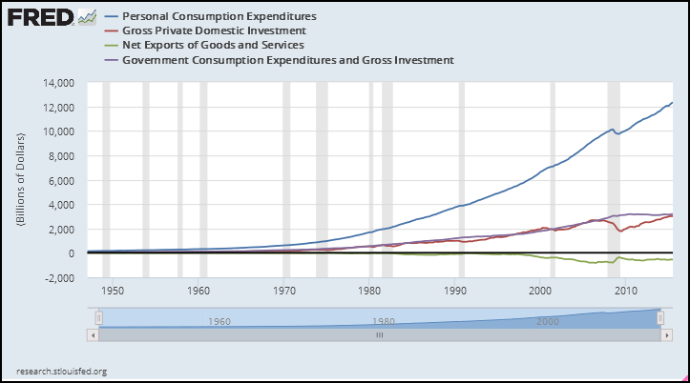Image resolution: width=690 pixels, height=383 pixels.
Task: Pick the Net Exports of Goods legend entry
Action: coord(215,46)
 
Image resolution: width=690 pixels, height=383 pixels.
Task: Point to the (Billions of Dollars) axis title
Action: coord(20,179)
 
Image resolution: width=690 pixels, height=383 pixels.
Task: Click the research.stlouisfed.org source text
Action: coord(62,371)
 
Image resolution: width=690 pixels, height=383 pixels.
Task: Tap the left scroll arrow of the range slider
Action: coord(92,334)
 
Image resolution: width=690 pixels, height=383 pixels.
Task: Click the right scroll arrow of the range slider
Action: coord(667,334)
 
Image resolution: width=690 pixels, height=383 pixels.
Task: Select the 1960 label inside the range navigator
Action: coord(219,322)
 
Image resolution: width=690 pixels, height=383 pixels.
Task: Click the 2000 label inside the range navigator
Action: coord(547,322)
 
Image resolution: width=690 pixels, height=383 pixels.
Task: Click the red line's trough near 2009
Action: coord(621,232)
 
